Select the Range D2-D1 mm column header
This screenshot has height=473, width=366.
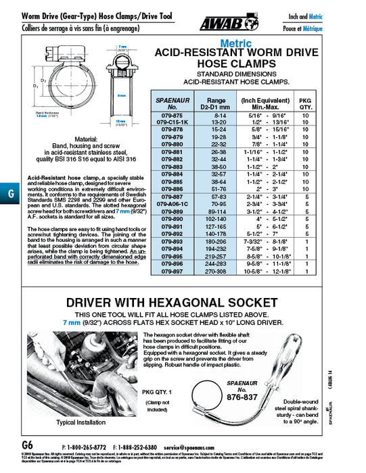214,103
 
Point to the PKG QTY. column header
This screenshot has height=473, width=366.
305,103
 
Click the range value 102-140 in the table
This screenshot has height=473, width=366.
214,220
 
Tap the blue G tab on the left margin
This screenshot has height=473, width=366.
9,193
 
